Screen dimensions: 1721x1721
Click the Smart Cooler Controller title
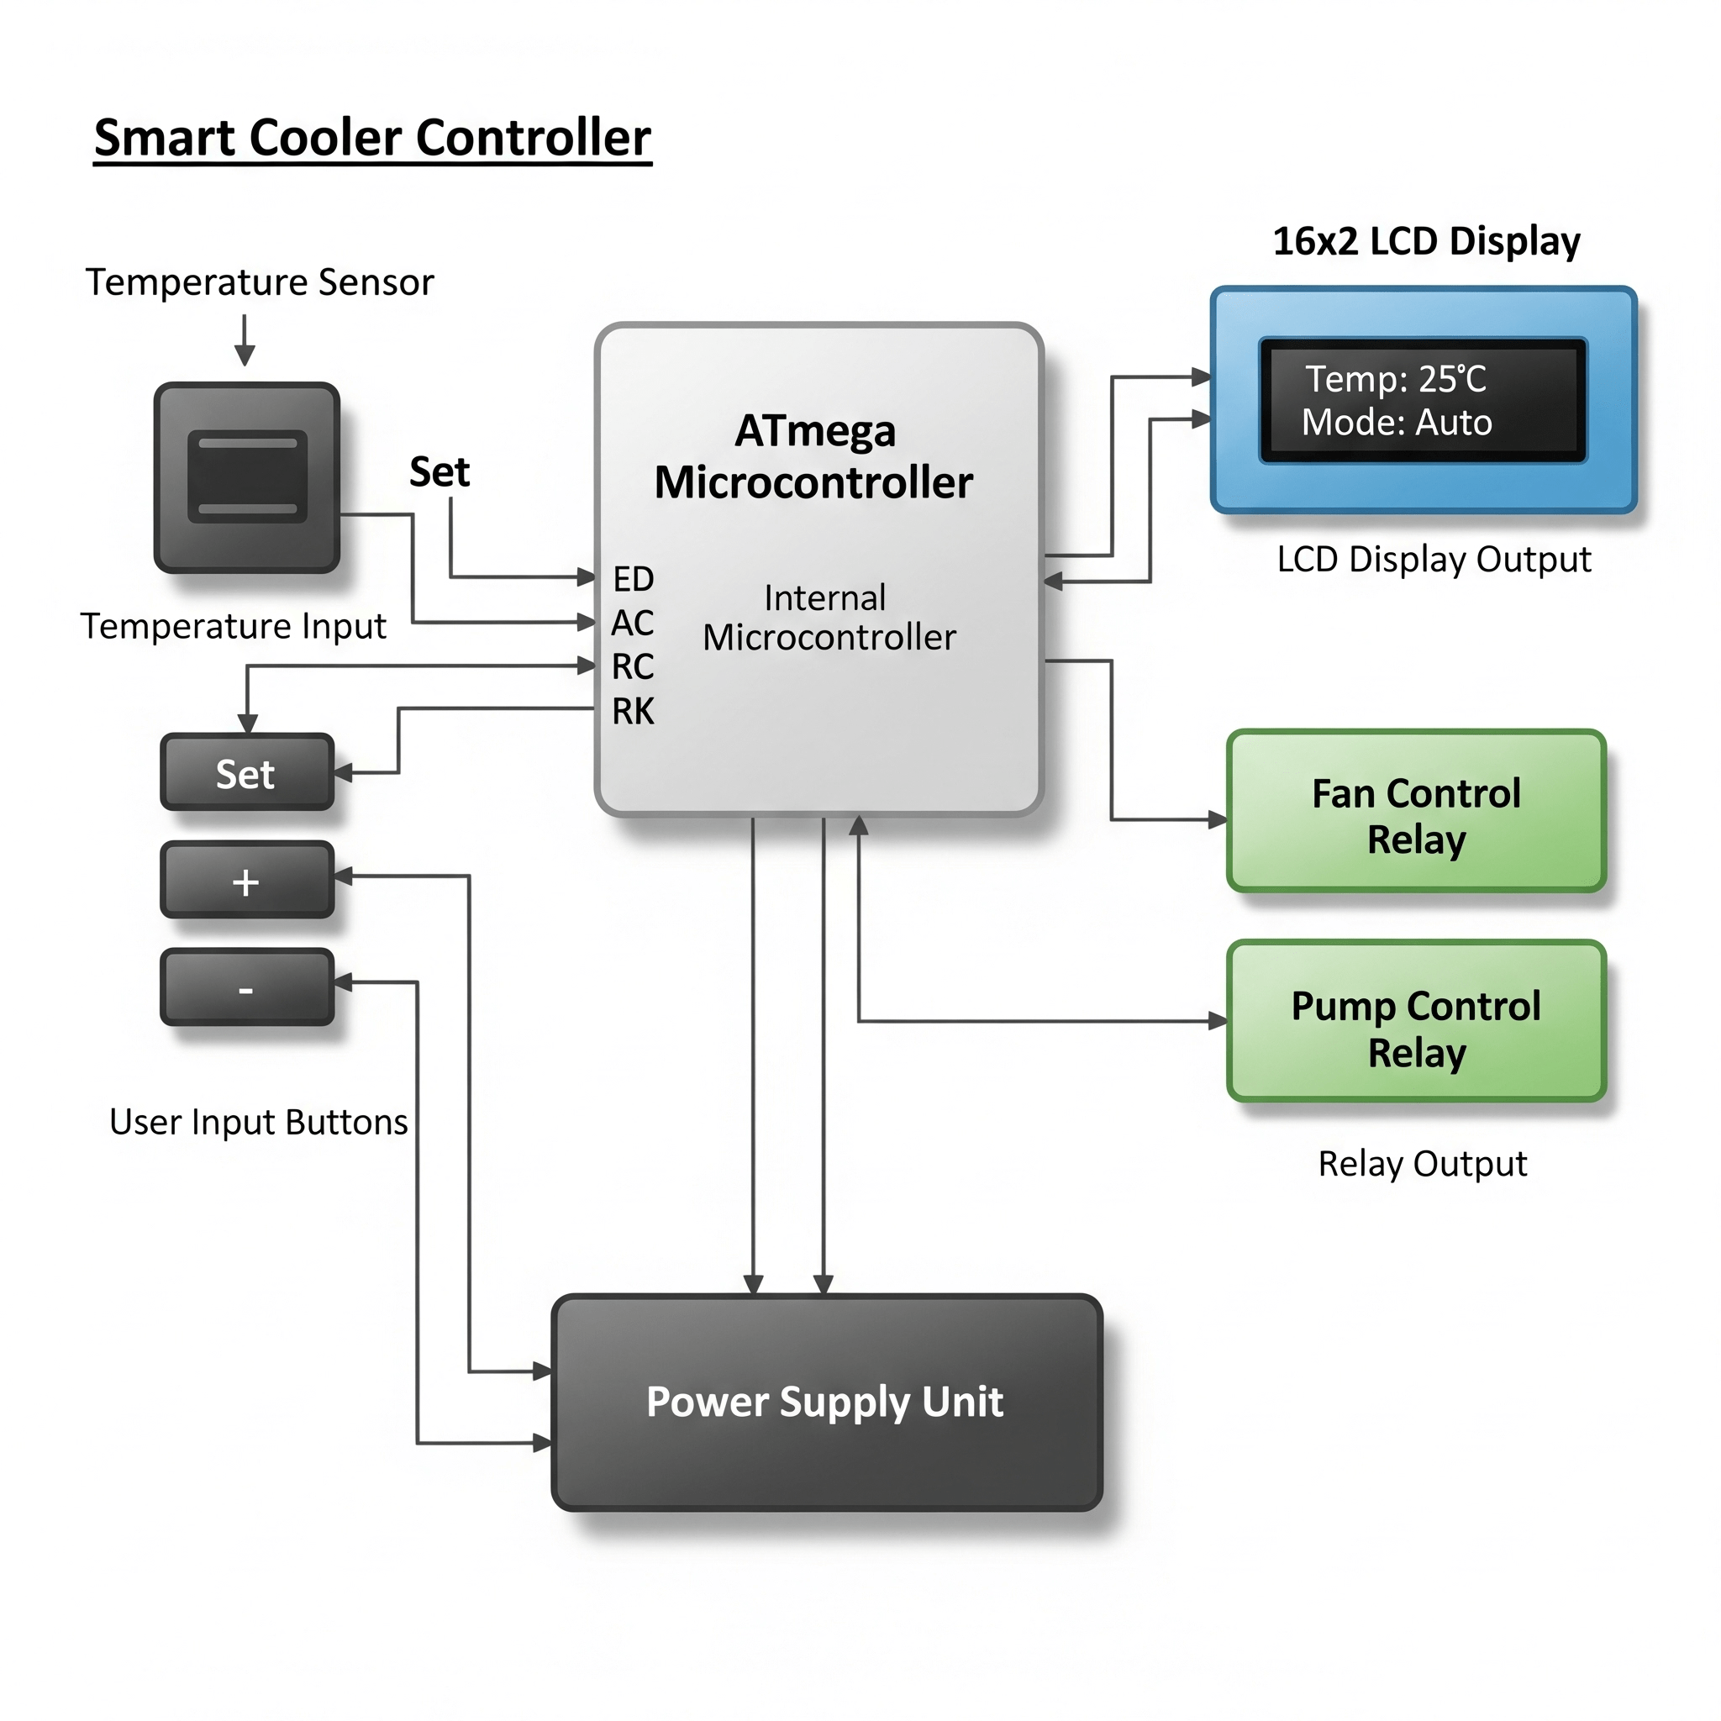click(x=372, y=138)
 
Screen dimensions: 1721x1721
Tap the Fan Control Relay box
click(x=1415, y=812)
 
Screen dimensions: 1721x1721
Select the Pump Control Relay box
click(x=1415, y=1022)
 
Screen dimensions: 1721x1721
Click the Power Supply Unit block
click(x=827, y=1403)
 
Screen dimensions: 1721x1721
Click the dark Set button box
click(x=247, y=772)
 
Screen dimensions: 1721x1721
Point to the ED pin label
click(x=634, y=579)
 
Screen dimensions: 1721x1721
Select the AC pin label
click(x=633, y=623)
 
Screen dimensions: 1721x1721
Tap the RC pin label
click(x=633, y=666)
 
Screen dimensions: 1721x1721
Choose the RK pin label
click(x=633, y=711)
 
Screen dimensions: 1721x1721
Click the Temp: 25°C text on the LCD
click(x=1396, y=379)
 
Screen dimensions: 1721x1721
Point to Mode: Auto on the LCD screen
click(x=1396, y=422)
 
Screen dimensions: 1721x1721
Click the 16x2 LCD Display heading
click(x=1426, y=241)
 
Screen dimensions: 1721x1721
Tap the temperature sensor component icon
click(x=247, y=477)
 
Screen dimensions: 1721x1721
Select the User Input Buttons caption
click(x=258, y=1123)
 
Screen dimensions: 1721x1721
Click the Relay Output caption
click(x=1423, y=1164)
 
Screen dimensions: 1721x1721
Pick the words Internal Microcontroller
click(x=829, y=618)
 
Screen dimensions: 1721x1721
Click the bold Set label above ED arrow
click(x=439, y=472)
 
